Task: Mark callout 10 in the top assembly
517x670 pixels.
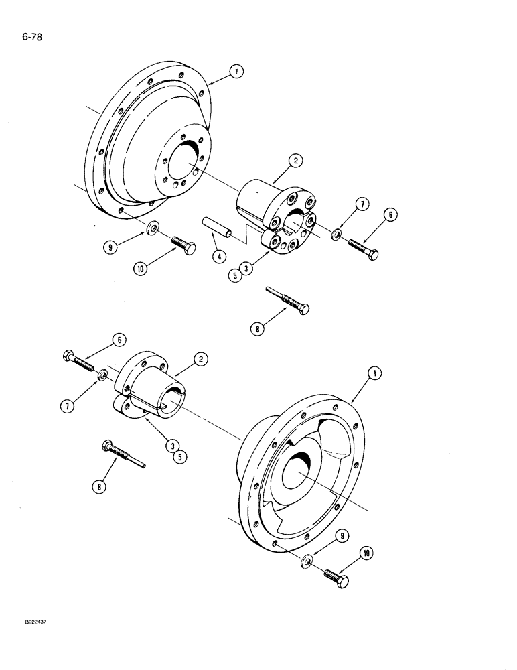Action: [x=141, y=268]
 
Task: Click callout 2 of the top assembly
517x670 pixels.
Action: [x=297, y=161]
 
